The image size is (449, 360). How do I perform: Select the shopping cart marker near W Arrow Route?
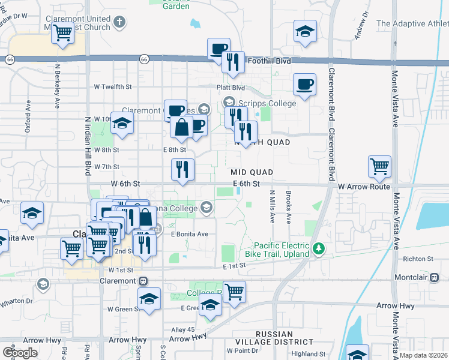pyautogui.click(x=380, y=167)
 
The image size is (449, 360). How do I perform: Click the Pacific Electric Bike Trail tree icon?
pyautogui.click(x=319, y=247)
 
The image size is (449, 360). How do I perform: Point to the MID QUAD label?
pyautogui.click(x=252, y=172)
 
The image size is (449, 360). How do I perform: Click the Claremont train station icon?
pyautogui.click(x=143, y=280)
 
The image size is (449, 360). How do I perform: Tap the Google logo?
pyautogui.click(x=20, y=352)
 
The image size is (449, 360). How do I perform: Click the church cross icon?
pyautogui.click(x=119, y=23)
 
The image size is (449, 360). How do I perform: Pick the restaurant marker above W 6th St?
pyautogui.click(x=182, y=170)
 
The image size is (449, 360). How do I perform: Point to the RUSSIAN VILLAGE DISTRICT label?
pyautogui.click(x=274, y=338)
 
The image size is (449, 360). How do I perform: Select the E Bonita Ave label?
pyautogui.click(x=189, y=234)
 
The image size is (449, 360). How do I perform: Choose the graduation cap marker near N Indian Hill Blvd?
pyautogui.click(x=122, y=124)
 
